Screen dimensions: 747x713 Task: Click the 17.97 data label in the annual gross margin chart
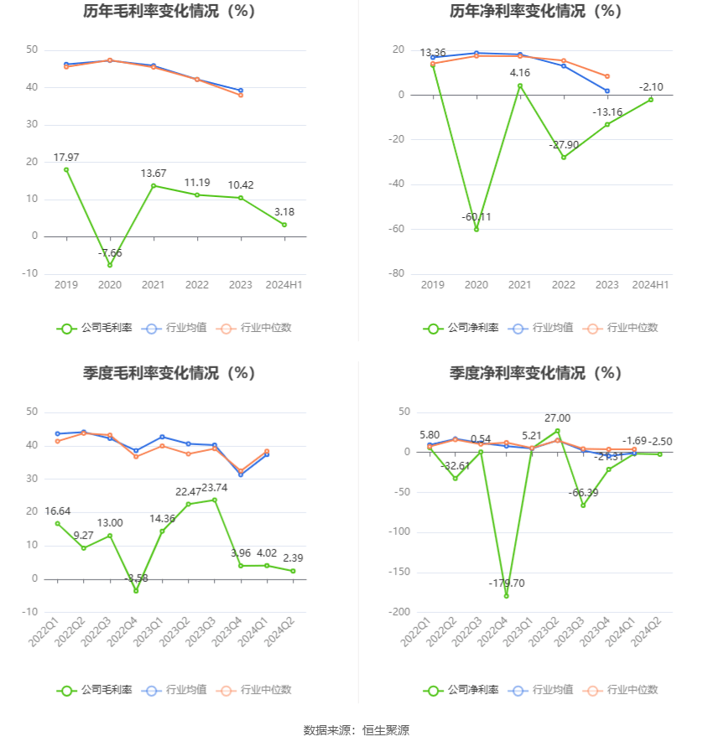tap(66, 157)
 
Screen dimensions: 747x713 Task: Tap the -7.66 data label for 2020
tap(110, 252)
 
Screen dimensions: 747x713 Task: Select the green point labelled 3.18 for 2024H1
tap(284, 225)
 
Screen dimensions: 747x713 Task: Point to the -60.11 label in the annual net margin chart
tap(476, 217)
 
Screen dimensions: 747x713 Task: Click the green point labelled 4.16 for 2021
tap(520, 86)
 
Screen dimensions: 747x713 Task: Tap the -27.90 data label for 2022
tap(564, 145)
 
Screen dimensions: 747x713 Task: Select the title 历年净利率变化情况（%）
tap(535, 12)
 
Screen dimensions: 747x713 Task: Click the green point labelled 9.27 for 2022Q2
tap(84, 548)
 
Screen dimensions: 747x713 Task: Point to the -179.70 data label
tap(507, 583)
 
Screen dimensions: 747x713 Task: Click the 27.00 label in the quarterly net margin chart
tap(558, 418)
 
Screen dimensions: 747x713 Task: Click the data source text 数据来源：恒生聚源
tap(356, 730)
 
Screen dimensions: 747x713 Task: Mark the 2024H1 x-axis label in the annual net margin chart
tap(650, 285)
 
